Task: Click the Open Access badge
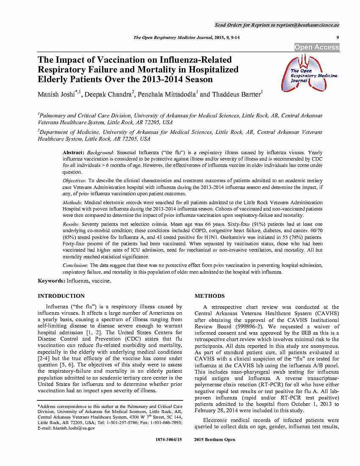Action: pyautogui.click(x=317, y=47)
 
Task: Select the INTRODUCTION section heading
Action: pyautogui.click(x=61, y=296)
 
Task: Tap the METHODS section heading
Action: pyautogui.click(x=209, y=296)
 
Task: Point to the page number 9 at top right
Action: pyautogui.click(x=338, y=38)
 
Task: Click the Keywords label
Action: pyautogui.click(x=51, y=281)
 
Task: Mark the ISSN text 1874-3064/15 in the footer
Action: pyautogui.click(x=169, y=440)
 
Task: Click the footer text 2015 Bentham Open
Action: pyautogui.click(x=214, y=440)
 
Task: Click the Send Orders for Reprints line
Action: pyautogui.click(x=277, y=25)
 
